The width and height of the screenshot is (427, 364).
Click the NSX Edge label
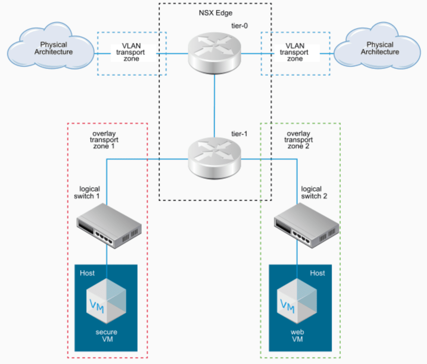[x=216, y=13]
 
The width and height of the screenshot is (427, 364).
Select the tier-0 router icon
[x=215, y=53]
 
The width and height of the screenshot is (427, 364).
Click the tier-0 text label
[x=239, y=26]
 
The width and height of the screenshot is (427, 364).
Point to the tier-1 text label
[x=239, y=134]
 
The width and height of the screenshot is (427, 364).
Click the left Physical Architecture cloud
[x=51, y=47]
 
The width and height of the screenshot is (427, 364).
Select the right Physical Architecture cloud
[x=377, y=47]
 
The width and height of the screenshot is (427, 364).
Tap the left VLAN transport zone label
[x=131, y=52]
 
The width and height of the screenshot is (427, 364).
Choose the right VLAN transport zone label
[x=295, y=52]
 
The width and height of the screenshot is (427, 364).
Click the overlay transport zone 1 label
[x=104, y=140]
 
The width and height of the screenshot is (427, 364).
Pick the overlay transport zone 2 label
[x=298, y=140]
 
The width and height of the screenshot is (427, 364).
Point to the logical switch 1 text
[x=87, y=192]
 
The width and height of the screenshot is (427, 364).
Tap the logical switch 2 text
[x=313, y=192]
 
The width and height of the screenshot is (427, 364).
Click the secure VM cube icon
[x=106, y=301]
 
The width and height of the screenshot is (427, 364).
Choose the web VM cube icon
[x=297, y=301]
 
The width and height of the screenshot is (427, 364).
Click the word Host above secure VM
[x=87, y=273]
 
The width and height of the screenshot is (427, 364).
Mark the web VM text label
[x=297, y=336]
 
